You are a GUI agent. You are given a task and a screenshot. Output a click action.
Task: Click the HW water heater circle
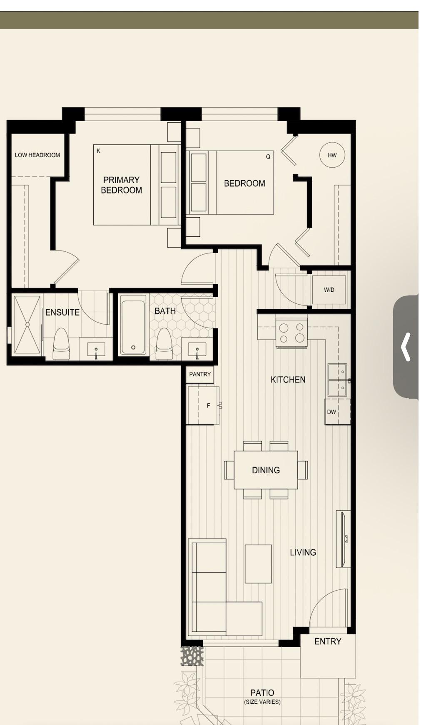point(332,155)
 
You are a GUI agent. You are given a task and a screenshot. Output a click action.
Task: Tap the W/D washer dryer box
point(329,290)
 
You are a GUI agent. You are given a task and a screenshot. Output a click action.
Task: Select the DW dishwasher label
point(331,412)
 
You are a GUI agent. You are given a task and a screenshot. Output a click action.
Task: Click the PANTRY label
point(200,374)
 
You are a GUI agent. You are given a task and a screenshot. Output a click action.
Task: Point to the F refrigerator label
point(209,405)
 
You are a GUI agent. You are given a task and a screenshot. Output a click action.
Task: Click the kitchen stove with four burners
point(291,333)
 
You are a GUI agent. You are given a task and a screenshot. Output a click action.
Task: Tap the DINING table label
point(266,470)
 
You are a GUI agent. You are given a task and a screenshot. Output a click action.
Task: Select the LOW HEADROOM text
point(37,155)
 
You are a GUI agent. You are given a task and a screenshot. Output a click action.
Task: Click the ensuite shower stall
point(27,325)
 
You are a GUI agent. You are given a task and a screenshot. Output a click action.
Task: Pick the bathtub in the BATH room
point(133,325)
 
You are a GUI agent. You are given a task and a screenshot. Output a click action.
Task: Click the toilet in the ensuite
point(61,344)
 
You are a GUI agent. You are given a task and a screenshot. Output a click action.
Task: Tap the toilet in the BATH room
point(164,344)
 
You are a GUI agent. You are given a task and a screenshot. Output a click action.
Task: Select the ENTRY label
point(328,641)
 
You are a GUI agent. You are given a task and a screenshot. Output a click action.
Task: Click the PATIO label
point(262,693)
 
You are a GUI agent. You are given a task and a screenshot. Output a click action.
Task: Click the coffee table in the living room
point(258,564)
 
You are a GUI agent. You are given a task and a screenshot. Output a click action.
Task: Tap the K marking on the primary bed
point(99,151)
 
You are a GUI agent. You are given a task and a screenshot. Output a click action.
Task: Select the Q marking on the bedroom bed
point(268,157)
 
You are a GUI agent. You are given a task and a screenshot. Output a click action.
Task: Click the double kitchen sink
point(337,380)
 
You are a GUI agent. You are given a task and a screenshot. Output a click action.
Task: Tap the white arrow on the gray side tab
point(406,347)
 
